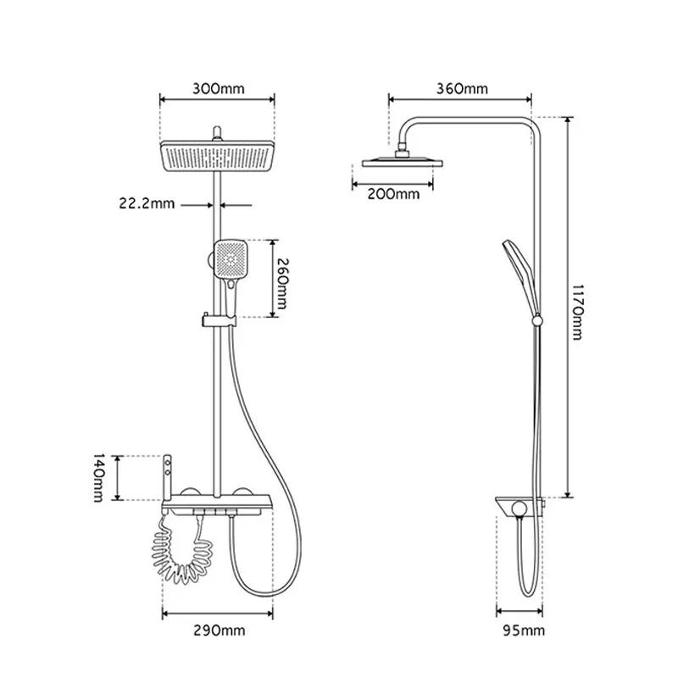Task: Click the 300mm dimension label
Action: click(x=219, y=89)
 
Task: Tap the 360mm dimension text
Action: click(x=462, y=89)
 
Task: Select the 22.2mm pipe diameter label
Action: click(x=147, y=203)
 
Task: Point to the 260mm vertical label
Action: click(x=281, y=284)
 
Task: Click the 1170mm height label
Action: click(x=578, y=312)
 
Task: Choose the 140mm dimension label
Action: click(x=99, y=478)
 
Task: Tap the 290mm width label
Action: click(x=220, y=631)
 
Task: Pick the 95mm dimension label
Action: click(x=524, y=631)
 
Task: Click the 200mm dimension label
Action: click(x=393, y=194)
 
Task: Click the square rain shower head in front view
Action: click(x=218, y=156)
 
